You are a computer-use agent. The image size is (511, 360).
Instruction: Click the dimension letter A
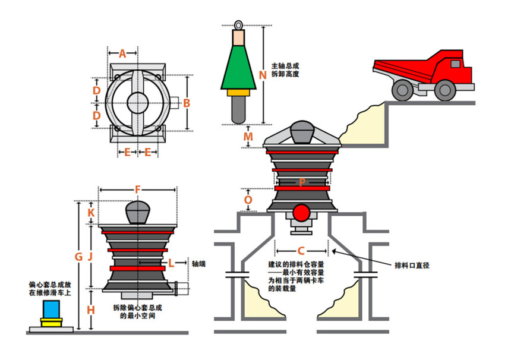coord(122,53)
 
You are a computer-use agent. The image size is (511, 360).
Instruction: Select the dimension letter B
coord(186,103)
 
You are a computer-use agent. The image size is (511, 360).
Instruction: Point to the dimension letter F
coord(137,190)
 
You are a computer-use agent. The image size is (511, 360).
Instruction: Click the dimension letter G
coord(78,257)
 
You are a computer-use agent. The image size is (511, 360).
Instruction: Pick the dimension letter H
coord(90,310)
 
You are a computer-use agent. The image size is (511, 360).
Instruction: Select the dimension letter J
coord(90,257)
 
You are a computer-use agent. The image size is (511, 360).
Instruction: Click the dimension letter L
coord(171,262)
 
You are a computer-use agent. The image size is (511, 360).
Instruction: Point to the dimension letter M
coord(248,137)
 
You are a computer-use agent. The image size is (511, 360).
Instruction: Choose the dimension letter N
coord(262,75)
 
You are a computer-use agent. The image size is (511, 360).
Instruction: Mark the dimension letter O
coord(248,200)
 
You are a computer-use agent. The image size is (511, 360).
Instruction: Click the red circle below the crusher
coord(302,213)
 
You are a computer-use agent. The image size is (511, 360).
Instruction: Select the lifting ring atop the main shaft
coord(239,25)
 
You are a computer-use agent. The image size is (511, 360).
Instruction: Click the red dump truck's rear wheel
coord(402,90)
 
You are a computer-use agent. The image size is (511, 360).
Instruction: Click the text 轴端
coord(198,262)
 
